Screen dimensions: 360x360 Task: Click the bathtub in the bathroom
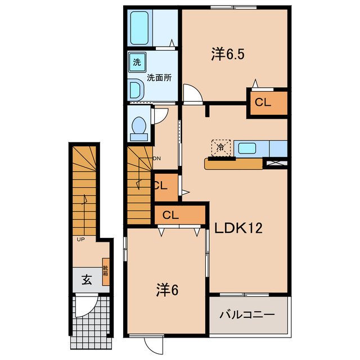click(139, 28)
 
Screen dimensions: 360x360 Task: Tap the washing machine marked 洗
click(137, 62)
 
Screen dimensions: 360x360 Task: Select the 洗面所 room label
click(159, 78)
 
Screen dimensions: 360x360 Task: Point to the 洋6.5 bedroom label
click(228, 54)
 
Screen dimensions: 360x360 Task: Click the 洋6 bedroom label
click(167, 290)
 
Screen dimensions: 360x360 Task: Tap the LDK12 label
click(238, 228)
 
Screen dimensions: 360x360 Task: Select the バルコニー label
click(247, 314)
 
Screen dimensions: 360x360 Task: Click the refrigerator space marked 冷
click(220, 148)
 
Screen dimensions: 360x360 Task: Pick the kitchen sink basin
click(247, 148)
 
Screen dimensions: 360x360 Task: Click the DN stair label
click(157, 159)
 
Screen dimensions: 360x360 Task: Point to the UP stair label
click(80, 240)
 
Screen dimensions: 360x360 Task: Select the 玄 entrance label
click(87, 280)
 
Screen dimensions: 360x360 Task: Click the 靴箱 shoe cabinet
click(106, 272)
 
